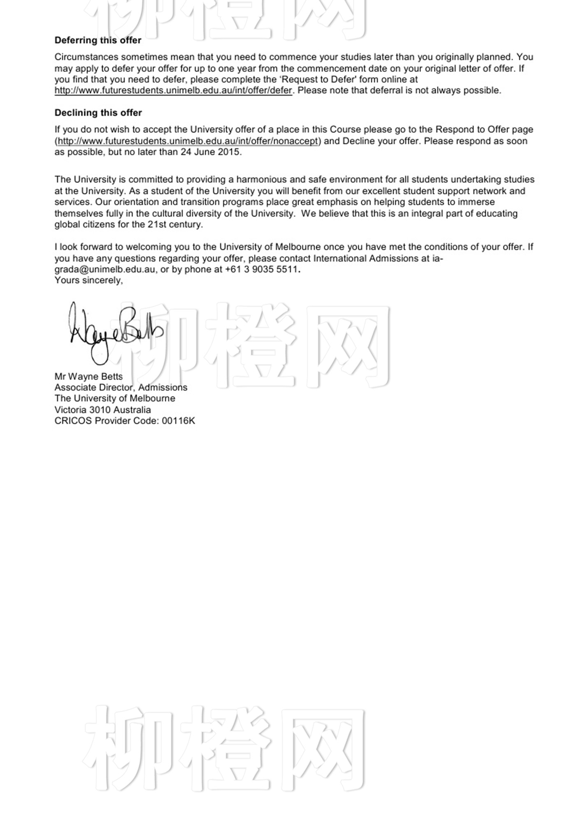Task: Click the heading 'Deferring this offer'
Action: [x=98, y=40]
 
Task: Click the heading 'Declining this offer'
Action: [x=98, y=113]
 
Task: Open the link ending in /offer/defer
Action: [x=173, y=90]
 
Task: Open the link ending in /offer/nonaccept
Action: [x=188, y=141]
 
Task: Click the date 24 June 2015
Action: [x=210, y=152]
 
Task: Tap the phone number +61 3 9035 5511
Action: [x=261, y=270]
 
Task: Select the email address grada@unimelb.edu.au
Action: [x=105, y=270]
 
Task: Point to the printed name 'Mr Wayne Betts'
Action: [x=88, y=377]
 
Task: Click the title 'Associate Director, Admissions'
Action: [x=121, y=388]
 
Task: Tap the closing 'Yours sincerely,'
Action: [x=88, y=281]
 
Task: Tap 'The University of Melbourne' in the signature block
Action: [x=115, y=399]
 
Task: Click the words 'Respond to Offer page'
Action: [x=484, y=129]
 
